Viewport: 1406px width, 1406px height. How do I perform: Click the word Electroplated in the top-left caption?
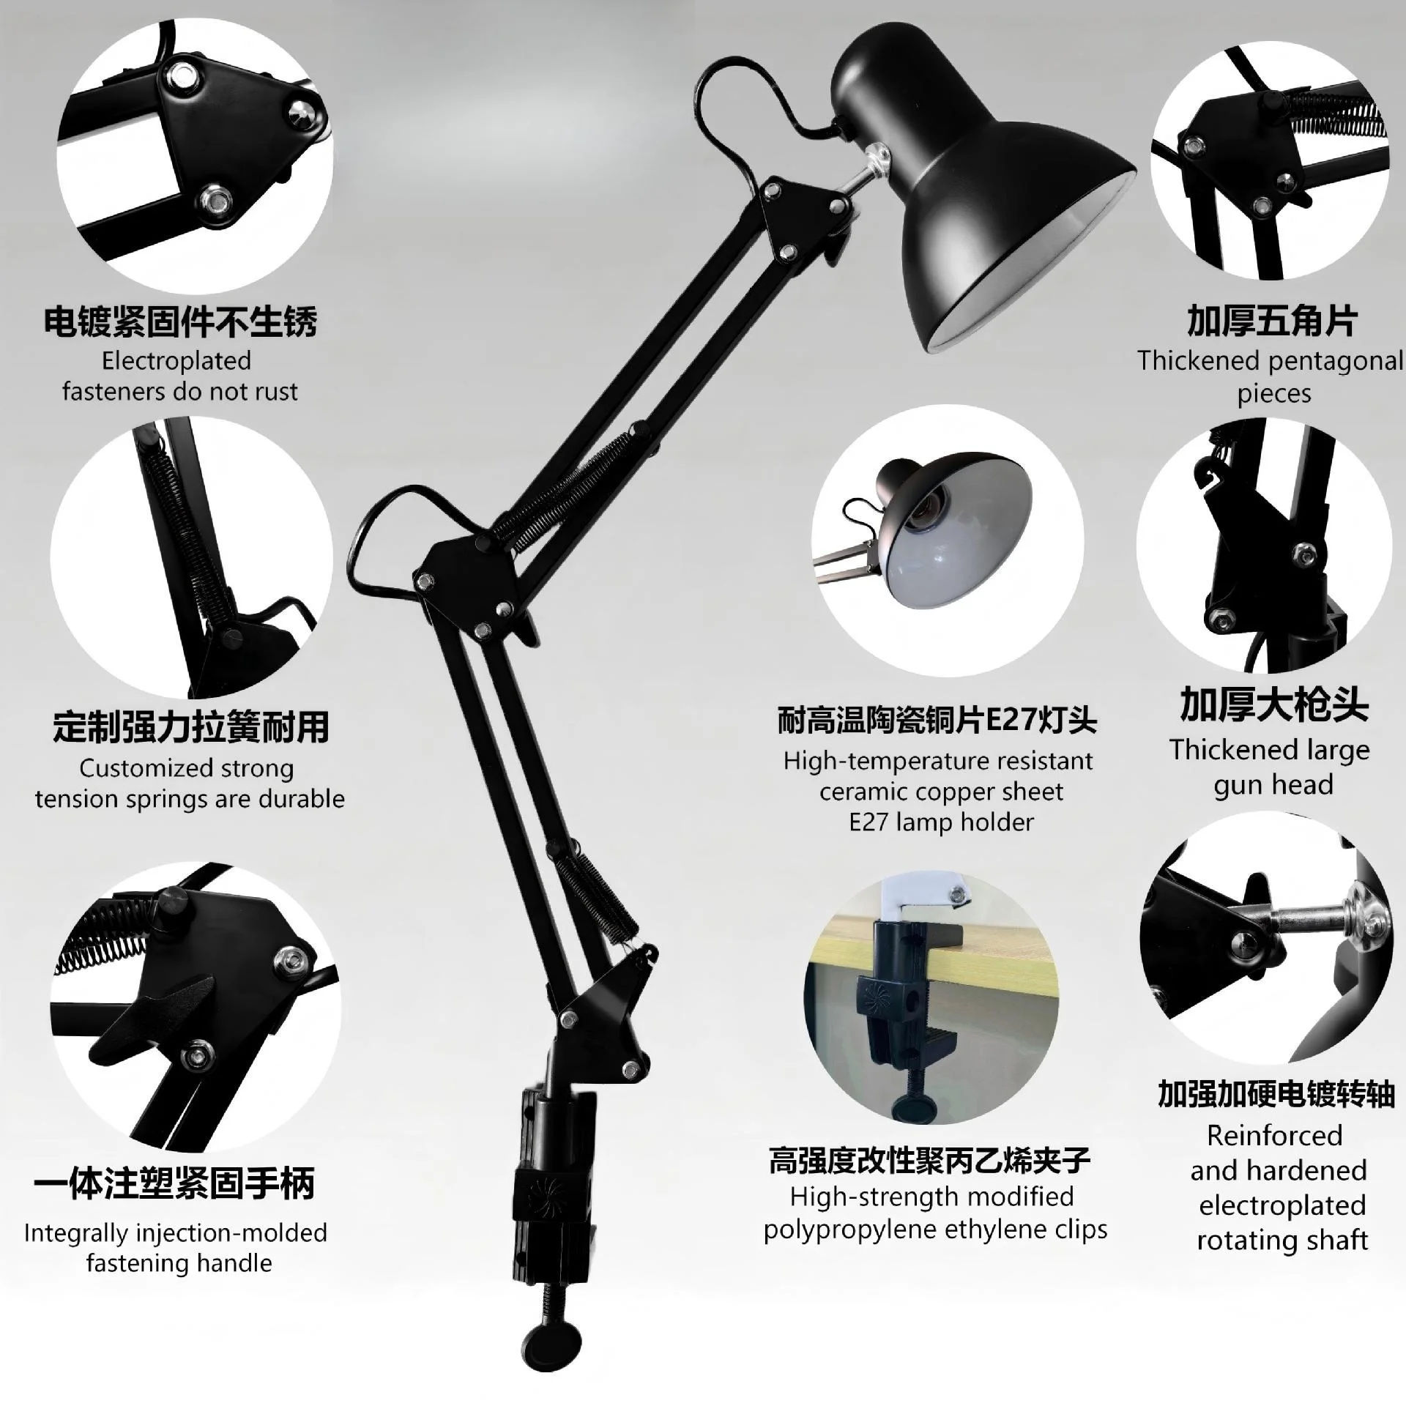[x=176, y=360]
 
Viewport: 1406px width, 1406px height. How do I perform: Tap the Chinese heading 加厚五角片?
[x=1272, y=321]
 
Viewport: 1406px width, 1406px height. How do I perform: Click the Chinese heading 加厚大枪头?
[x=1273, y=705]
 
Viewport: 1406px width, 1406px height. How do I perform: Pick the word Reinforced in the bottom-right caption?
[x=1274, y=1136]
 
